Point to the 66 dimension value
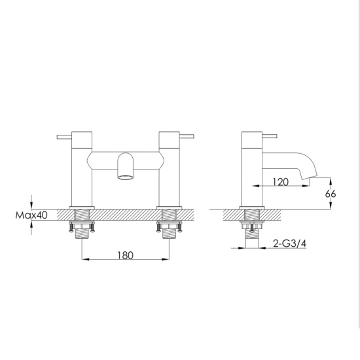[x=331, y=194]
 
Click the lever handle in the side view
[x=275, y=137]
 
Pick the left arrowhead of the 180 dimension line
[x=84, y=261]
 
